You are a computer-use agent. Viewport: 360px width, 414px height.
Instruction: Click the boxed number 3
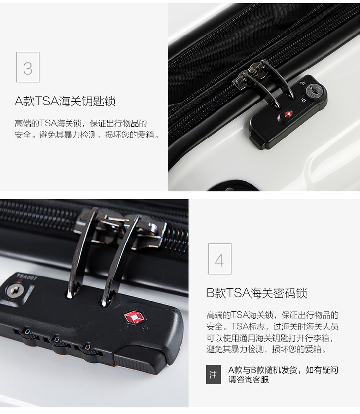28,67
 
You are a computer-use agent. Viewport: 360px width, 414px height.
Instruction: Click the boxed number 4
219,259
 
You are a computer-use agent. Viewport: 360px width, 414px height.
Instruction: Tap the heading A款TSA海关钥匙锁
65,101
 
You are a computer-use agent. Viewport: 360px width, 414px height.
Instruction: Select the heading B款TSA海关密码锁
257,293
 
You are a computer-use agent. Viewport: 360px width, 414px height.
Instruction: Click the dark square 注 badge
213,375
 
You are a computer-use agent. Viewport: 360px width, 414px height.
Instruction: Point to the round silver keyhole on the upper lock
314,91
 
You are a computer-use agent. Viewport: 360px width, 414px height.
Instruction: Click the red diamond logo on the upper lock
288,114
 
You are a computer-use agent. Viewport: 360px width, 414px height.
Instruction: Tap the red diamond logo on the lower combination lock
134,317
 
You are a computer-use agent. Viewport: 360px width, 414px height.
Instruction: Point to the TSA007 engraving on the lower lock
27,277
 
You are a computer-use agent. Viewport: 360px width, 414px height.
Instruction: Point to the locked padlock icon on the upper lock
304,100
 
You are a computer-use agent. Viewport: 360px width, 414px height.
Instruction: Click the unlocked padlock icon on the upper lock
303,83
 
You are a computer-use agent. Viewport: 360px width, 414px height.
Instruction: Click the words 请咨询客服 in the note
249,379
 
